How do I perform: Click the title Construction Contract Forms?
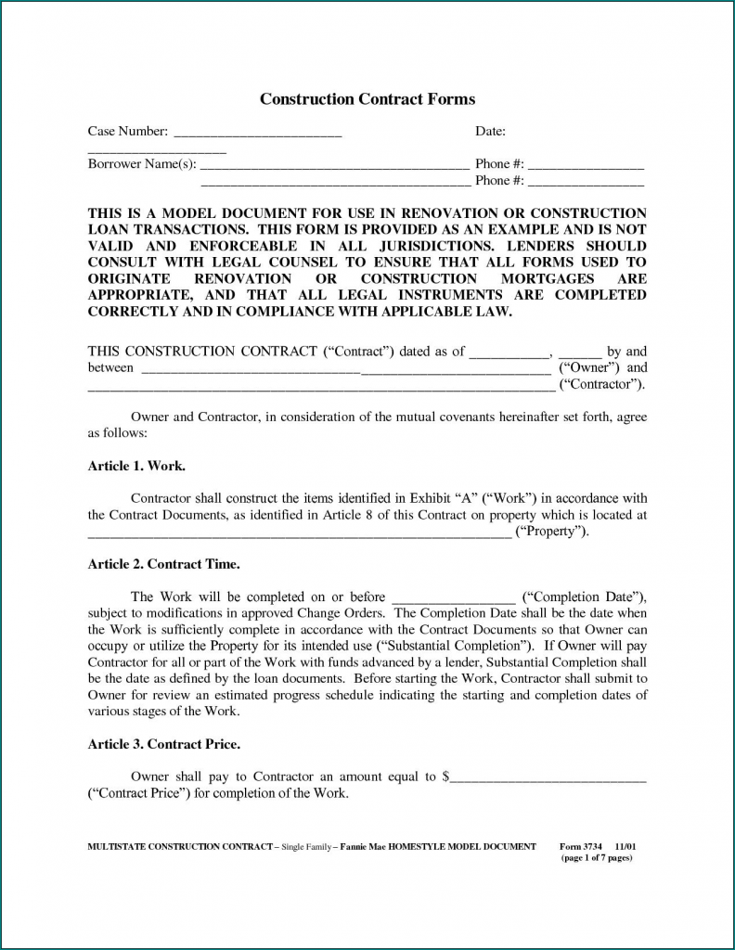[x=367, y=99]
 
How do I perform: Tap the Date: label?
[x=489, y=132]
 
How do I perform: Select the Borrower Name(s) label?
[x=142, y=164]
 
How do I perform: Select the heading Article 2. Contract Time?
[x=163, y=563]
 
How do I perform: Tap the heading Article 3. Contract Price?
[x=164, y=744]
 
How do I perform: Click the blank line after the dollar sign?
[x=548, y=778]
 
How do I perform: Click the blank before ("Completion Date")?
[x=453, y=597]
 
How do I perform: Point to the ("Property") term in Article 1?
[x=551, y=532]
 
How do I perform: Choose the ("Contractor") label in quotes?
[x=601, y=384]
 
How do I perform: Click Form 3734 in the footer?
[x=581, y=847]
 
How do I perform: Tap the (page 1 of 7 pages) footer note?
[x=597, y=858]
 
